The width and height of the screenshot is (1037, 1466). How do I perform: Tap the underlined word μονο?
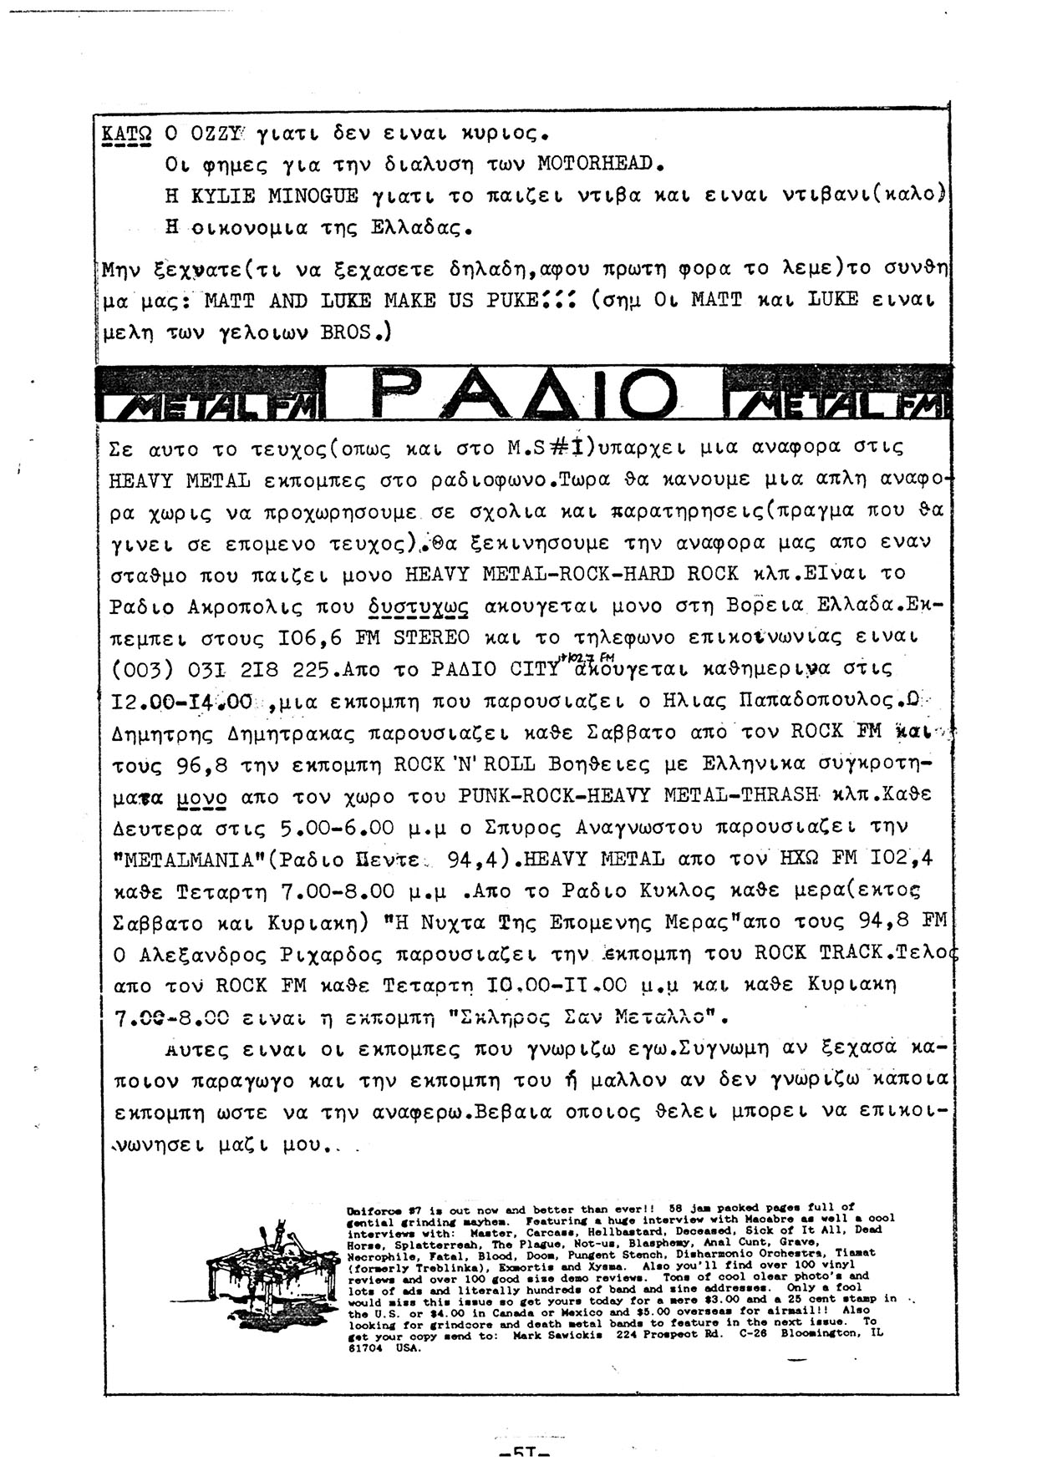tap(202, 796)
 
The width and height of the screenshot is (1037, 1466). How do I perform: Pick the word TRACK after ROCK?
tap(851, 953)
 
